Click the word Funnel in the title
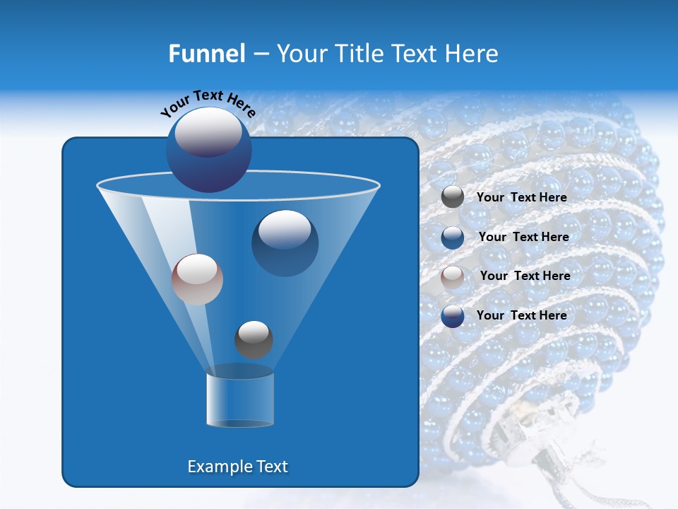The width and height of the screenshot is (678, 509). pos(206,54)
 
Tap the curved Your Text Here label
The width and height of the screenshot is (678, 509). pos(208,103)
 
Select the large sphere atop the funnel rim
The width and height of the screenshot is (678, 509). pos(208,150)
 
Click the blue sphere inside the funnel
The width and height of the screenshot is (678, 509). pos(285,242)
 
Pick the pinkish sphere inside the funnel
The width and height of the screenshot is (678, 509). pos(197,279)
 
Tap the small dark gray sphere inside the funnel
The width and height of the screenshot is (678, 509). pos(254,339)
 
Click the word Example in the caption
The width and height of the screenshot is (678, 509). pos(215,467)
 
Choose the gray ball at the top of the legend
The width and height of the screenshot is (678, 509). pos(453,197)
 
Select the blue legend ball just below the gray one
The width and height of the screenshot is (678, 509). pos(453,237)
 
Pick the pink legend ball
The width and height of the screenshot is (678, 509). pos(453,276)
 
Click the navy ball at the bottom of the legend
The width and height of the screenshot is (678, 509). pos(453,316)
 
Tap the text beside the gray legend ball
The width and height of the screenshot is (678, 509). pos(522,197)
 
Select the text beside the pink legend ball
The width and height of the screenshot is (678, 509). pos(525,276)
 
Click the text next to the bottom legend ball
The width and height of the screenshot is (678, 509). pos(522,315)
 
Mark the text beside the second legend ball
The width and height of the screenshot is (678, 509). pos(523,237)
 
